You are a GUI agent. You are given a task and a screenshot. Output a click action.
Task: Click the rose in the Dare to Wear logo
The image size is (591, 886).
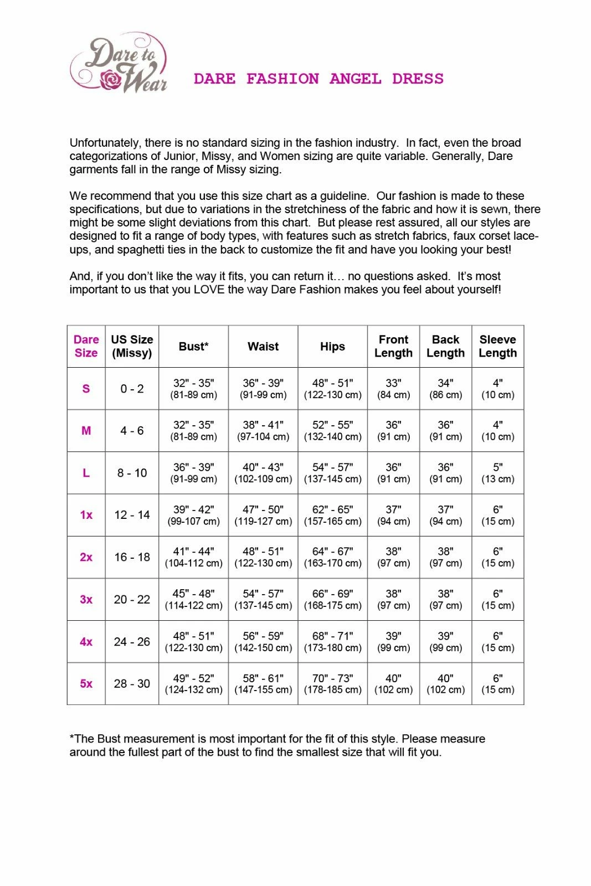tap(111, 80)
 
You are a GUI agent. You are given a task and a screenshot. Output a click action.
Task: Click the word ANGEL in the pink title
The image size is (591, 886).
tap(355, 79)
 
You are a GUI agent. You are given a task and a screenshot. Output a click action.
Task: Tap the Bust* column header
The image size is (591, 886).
tap(193, 347)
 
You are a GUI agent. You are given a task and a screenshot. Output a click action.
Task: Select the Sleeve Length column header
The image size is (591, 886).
tap(497, 347)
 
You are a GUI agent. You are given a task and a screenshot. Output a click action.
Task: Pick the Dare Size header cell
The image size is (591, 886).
tap(86, 347)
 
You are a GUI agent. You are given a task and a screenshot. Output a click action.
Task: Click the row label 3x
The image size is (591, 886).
tap(86, 600)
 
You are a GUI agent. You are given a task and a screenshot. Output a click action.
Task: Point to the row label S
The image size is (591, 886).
tap(86, 389)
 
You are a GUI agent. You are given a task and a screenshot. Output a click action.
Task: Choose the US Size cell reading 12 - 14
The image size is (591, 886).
tap(132, 515)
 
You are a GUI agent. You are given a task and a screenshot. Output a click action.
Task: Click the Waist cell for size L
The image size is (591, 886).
tap(263, 473)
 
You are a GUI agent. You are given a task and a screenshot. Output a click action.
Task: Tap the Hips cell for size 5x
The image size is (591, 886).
tap(332, 684)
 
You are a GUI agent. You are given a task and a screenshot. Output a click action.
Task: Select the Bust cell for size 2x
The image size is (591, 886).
tap(193, 557)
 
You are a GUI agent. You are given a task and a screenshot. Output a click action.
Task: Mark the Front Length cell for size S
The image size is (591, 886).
tap(393, 389)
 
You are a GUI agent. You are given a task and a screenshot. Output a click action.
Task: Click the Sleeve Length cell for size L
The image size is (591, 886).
tap(497, 473)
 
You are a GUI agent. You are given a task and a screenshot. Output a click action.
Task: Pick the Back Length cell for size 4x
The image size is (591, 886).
tap(445, 642)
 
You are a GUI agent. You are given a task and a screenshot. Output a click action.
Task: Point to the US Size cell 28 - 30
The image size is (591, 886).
tap(132, 684)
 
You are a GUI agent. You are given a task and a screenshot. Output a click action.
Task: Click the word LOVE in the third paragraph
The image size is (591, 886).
tap(209, 290)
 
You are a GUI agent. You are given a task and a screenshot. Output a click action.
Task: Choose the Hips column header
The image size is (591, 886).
tap(332, 347)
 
